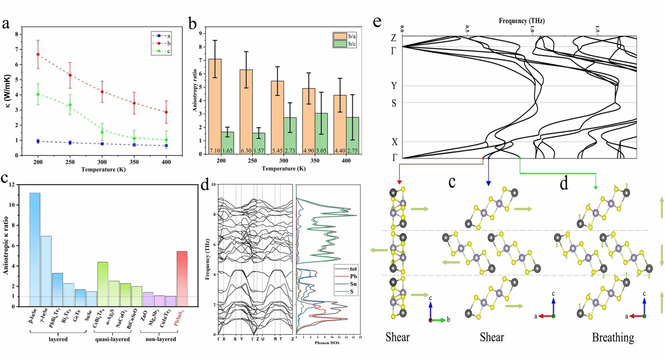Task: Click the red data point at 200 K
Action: pos(38,55)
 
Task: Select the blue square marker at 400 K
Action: pos(166,146)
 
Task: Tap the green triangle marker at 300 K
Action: pos(102,132)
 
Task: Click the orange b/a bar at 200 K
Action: pos(215,104)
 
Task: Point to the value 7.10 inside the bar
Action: pos(215,151)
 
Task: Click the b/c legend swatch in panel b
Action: pos(340,44)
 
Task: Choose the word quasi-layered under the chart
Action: pos(112,339)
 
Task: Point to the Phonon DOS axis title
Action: pos(327,343)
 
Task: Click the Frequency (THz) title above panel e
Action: pos(521,21)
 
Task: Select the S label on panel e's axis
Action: pos(394,103)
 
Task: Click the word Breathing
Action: pos(613,338)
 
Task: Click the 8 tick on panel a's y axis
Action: pos(16,34)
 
